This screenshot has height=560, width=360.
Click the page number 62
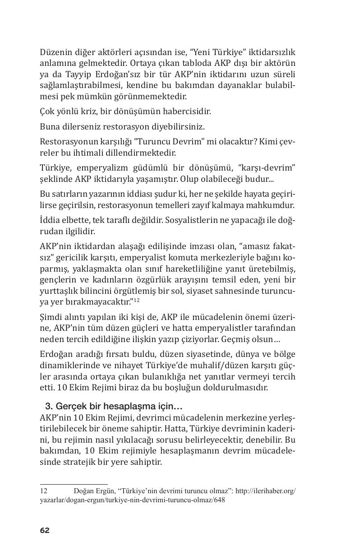point(45,530)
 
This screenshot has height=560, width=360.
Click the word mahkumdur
point(273,205)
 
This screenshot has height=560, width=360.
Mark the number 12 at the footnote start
point(44,491)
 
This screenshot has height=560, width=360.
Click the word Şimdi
point(51,317)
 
